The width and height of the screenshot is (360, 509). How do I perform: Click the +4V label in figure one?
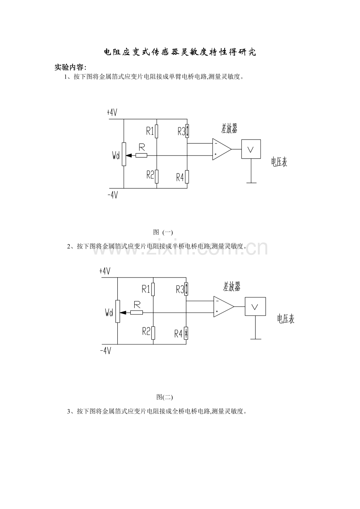(112, 113)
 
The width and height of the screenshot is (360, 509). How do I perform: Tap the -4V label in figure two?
(106, 351)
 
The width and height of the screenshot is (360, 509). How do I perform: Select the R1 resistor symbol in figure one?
(157, 131)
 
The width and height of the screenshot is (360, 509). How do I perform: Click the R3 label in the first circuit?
(181, 131)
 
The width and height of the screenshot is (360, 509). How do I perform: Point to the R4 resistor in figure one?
(187, 177)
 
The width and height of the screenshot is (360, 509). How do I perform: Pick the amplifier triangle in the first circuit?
(221, 149)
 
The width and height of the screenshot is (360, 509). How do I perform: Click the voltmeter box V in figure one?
(251, 149)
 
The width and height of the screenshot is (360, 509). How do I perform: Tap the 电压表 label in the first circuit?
(279, 162)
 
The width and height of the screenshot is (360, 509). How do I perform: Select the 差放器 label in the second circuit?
(232, 287)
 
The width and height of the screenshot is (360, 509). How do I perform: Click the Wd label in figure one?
(115, 156)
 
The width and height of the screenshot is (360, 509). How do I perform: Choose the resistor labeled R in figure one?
(141, 155)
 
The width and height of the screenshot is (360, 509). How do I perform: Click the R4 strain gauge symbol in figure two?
(186, 333)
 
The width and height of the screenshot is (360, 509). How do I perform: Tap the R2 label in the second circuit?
(146, 332)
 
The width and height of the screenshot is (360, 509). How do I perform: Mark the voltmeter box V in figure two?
(255, 307)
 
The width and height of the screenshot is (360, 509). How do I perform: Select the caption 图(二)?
(164, 397)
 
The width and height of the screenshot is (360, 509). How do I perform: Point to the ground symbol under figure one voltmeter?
(251, 182)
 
